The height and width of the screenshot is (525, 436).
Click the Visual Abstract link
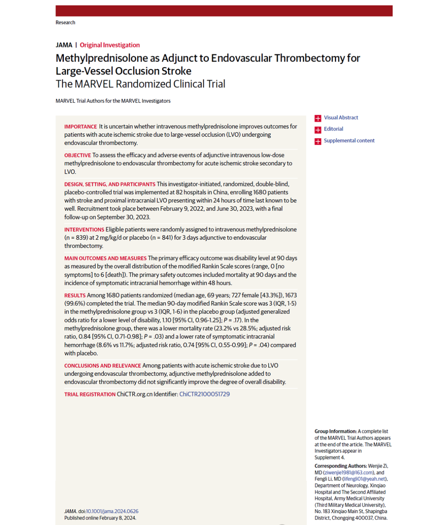click(x=341, y=118)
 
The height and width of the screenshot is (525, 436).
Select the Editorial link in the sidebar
click(x=333, y=129)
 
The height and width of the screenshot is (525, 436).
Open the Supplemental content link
click(x=349, y=141)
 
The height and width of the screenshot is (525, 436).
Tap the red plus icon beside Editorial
click(x=318, y=130)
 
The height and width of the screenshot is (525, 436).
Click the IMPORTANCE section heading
click(x=81, y=127)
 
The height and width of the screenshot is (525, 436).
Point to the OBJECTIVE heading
click(x=78, y=155)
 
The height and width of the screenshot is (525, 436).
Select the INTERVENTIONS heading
click(x=84, y=230)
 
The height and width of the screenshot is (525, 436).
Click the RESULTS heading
click(x=75, y=296)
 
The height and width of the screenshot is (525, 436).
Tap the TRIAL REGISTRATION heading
click(x=90, y=395)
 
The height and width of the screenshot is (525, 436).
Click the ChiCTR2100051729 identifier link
click(x=204, y=394)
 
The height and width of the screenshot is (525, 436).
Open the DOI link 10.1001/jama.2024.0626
click(x=112, y=511)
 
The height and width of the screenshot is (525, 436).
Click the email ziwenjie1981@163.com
click(x=348, y=472)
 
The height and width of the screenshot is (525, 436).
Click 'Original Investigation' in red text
click(x=110, y=45)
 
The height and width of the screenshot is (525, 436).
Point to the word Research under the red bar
click(x=65, y=23)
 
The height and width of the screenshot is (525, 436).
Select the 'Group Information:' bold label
click(x=335, y=431)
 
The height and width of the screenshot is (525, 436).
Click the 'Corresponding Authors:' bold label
click(x=341, y=466)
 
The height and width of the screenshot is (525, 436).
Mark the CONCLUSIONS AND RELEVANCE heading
click(x=103, y=366)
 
